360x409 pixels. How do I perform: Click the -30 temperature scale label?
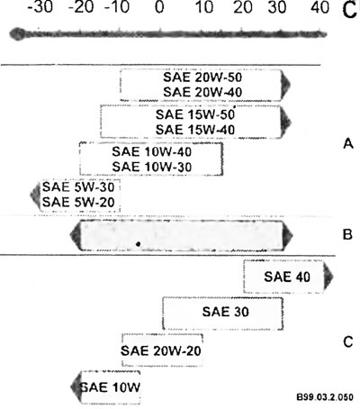40,7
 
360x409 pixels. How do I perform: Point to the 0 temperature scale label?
159,7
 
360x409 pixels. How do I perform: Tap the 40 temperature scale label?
319,7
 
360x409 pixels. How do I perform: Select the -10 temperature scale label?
117,7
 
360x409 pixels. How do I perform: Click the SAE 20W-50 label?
202,77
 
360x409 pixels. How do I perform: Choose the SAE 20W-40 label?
202,92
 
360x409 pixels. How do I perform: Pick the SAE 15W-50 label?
195,114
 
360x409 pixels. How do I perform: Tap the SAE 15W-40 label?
195,130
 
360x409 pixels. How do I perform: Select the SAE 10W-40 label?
152,151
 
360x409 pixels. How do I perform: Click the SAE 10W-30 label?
152,167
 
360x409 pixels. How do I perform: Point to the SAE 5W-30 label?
78,187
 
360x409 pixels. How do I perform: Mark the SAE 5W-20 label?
78,202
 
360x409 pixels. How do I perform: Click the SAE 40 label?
287,277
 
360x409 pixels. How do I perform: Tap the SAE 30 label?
226,312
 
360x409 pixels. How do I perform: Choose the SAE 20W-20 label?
161,350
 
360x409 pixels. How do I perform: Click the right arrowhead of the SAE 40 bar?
328,277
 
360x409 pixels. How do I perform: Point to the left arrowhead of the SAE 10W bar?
76,387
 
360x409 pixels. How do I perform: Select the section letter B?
347,234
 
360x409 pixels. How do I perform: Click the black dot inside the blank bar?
138,244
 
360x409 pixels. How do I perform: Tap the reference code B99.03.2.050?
325,397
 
